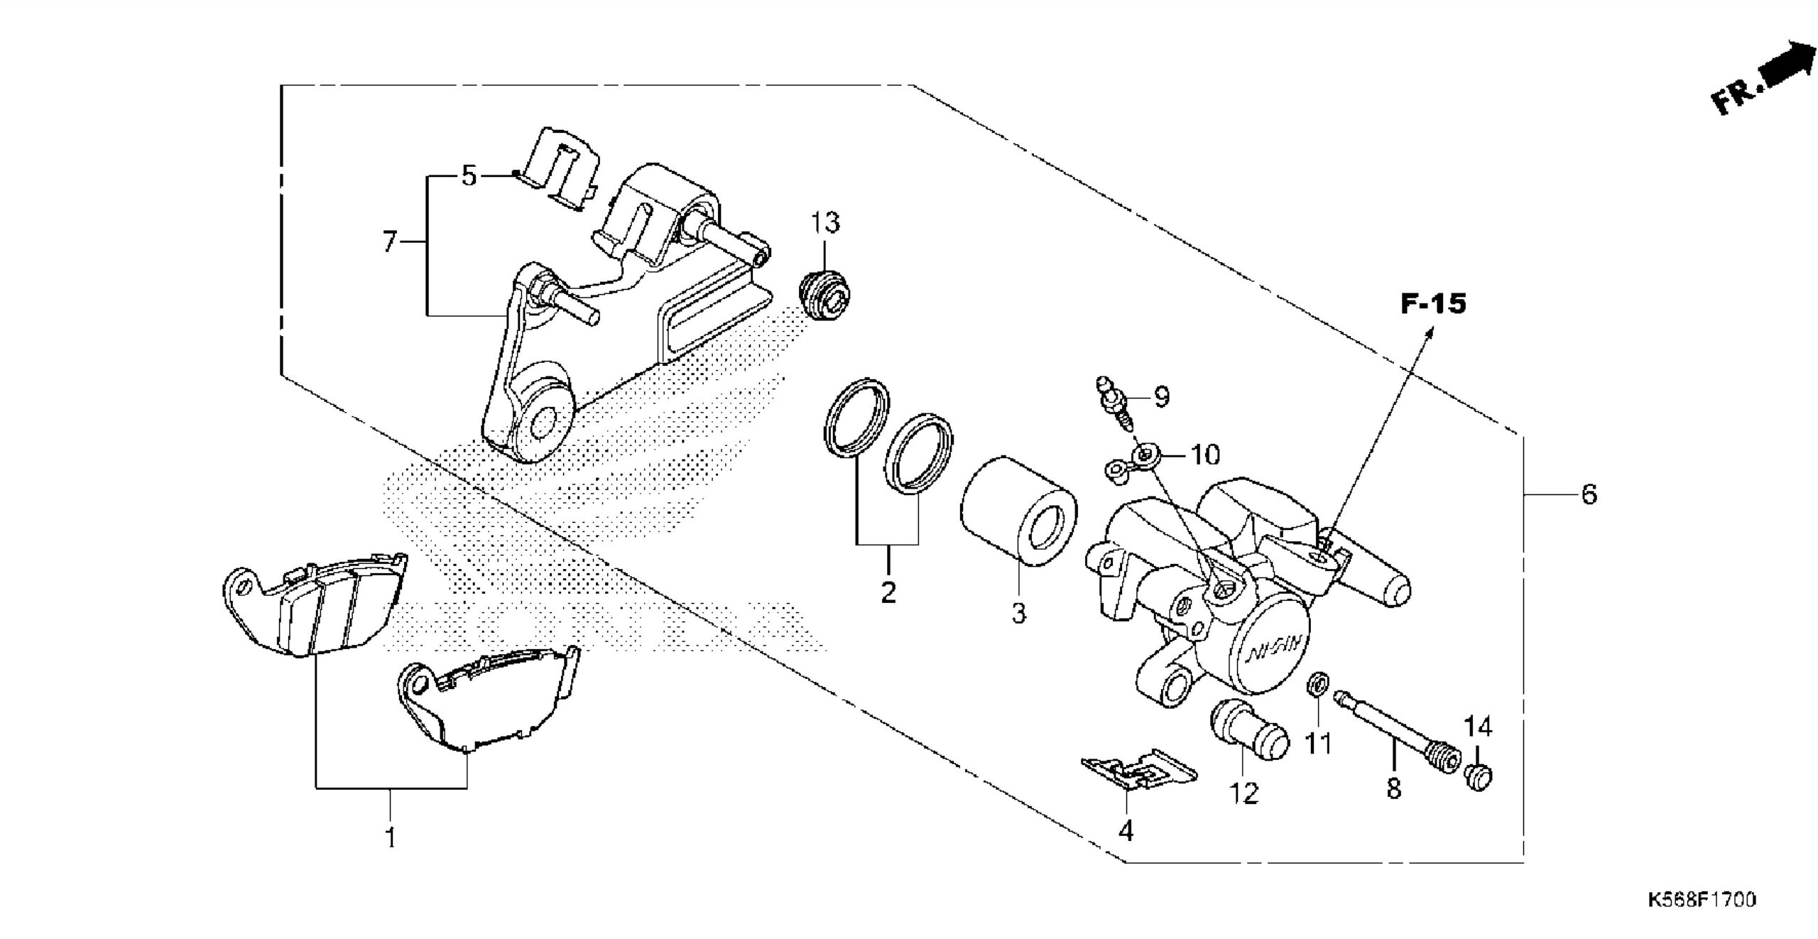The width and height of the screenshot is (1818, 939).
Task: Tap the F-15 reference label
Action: coord(1433,304)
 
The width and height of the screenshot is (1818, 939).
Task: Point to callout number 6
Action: coord(1589,494)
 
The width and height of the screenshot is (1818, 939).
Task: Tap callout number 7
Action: coord(389,243)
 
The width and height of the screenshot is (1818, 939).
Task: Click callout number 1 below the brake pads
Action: coord(391,838)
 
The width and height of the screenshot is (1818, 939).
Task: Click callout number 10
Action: coord(1204,455)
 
